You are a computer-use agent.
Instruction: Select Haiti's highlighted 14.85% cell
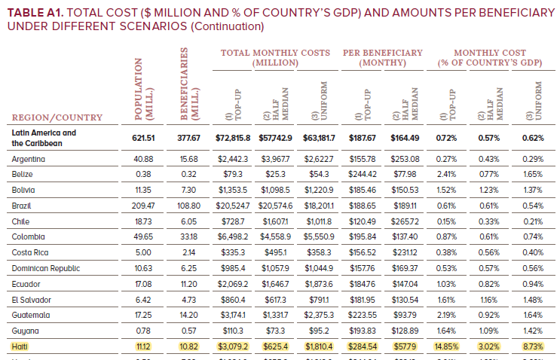pyautogui.click(x=448, y=346)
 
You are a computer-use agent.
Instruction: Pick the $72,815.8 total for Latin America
pyautogui.click(x=232, y=138)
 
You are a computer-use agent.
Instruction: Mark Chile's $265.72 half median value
pyautogui.click(x=405, y=221)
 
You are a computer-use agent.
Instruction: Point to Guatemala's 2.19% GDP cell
pyautogui.click(x=448, y=315)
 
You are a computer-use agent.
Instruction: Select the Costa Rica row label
pyautogui.click(x=31, y=252)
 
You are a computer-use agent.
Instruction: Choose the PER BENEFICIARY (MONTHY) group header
pyautogui.click(x=384, y=57)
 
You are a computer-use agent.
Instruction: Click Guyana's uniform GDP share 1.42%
pyautogui.click(x=533, y=331)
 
